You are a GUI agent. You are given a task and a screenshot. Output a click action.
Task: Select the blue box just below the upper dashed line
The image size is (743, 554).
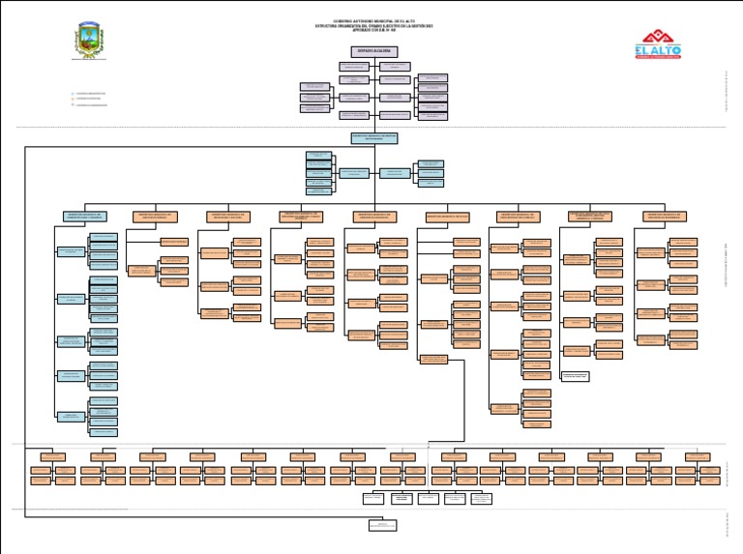(x=373, y=138)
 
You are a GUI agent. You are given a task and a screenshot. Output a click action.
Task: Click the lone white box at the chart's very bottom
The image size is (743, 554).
(x=382, y=525)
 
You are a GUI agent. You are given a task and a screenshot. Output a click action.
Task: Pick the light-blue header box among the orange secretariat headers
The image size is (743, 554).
(x=447, y=216)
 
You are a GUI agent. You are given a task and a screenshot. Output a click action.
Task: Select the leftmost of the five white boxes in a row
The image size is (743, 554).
(x=373, y=499)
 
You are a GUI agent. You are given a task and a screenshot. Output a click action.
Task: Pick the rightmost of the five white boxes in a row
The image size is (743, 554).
(x=481, y=499)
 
